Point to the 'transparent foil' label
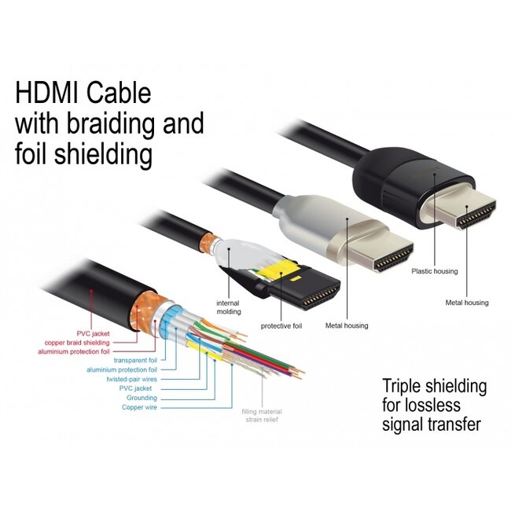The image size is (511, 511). click(135, 360)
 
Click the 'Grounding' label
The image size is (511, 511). click(142, 397)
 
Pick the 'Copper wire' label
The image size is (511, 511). click(139, 406)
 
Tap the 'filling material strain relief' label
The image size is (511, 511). click(261, 415)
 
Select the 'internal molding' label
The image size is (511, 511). click(230, 306)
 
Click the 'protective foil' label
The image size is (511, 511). click(281, 325)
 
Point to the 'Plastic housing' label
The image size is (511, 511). click(434, 271)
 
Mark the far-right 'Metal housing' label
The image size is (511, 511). click(466, 302)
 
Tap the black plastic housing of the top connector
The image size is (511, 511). click(393, 169)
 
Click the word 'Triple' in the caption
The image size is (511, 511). click(404, 387)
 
